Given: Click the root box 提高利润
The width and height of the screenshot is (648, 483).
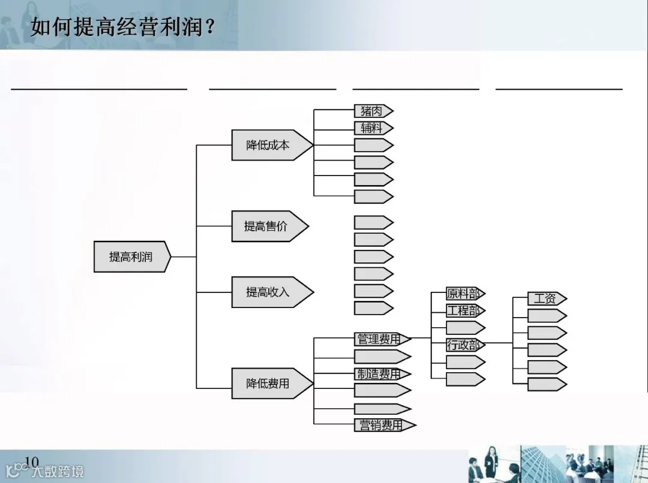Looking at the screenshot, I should pos(131,257).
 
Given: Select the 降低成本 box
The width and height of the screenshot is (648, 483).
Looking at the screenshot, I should pos(268,145).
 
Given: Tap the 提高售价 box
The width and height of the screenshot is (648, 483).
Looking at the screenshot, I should pos(266,226).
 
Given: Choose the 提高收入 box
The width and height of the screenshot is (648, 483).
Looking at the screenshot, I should pos(268,292).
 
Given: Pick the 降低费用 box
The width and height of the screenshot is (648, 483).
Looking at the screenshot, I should pos(268,384).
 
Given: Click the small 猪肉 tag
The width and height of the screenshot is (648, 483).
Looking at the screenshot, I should pos(371,111).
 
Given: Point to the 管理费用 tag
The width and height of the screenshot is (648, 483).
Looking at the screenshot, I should pos(380,339).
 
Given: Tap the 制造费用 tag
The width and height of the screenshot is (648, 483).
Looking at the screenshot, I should pos(380,374).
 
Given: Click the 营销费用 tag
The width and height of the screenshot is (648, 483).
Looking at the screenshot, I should pos(381,425).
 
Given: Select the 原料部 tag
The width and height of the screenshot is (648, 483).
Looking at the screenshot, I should pos(463,294).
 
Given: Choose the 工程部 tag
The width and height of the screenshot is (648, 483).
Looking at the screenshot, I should pos(463,311).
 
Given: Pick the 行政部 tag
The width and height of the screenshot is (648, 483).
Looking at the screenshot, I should pos(463,345).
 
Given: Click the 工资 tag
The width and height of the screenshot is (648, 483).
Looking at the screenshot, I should pos(545,298).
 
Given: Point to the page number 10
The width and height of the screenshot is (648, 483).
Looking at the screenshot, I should pos(31,461).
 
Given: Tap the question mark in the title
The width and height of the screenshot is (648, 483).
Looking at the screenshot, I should pos(210,27).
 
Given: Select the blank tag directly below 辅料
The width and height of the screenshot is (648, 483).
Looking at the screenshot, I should pos(371,145).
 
